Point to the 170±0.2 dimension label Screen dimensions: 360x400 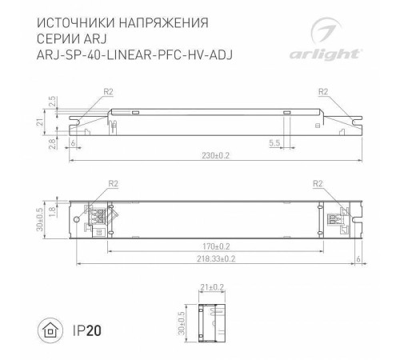(x=216, y=246)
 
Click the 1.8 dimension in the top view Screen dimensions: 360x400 (x=54, y=210)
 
